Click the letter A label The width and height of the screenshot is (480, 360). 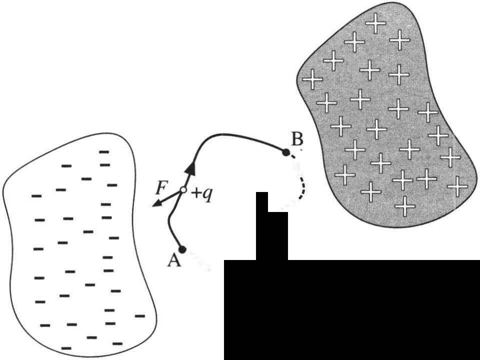click(174, 260)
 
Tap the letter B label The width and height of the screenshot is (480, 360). click(297, 140)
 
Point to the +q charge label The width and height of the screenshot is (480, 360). click(202, 192)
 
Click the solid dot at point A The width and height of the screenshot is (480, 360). click(182, 248)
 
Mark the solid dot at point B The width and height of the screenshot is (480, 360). click(286, 151)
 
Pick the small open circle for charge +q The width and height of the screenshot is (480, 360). click(183, 190)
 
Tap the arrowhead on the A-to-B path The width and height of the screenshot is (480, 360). click(190, 168)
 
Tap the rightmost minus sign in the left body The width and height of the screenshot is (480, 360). click(139, 316)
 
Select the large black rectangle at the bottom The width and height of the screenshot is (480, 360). click(350, 310)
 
